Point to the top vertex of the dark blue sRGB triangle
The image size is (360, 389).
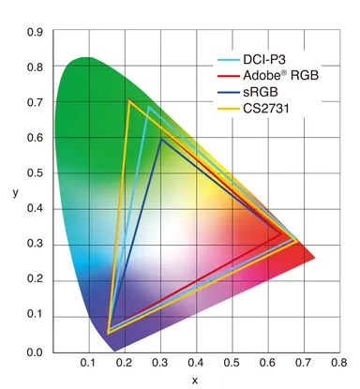[x=161, y=139]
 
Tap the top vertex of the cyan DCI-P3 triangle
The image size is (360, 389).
[x=148, y=106]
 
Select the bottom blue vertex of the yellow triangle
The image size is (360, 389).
[x=109, y=332]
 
